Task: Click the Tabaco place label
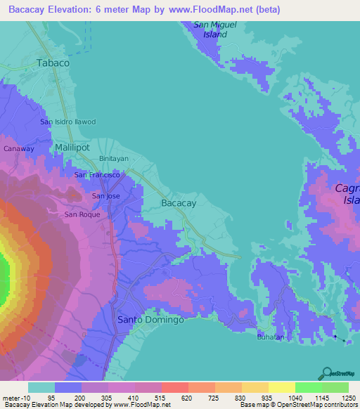pos(53,63)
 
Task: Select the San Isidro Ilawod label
pos(67,122)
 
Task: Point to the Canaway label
pos(19,149)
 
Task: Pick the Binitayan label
pos(115,159)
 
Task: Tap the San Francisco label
pos(101,174)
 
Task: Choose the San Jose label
pos(106,196)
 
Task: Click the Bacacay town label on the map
pos(179,203)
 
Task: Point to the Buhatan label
pos(270,337)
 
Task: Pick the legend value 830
pos(241,397)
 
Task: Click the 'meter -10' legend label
pos(15,397)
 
